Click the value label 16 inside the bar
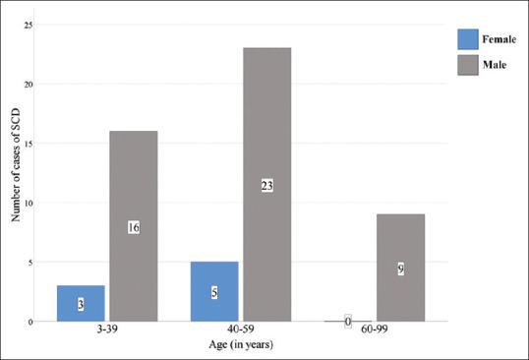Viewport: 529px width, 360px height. click(x=133, y=227)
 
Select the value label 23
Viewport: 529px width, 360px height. click(x=266, y=185)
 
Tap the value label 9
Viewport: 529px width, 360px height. click(x=400, y=268)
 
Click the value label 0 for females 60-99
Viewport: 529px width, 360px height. click(x=347, y=321)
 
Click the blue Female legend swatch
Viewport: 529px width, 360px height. click(x=469, y=39)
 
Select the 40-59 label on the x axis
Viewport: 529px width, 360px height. click(x=240, y=331)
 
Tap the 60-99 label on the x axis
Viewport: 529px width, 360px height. click(x=374, y=331)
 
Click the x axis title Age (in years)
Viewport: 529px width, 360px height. click(x=240, y=345)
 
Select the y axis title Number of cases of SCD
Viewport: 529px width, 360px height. click(x=15, y=173)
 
